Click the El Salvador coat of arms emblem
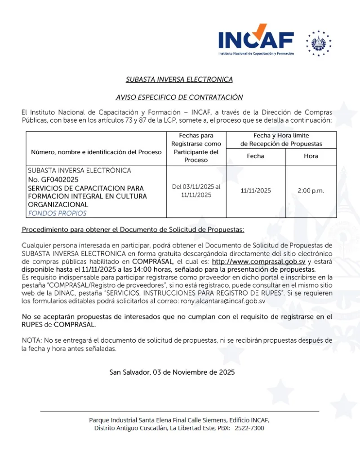click(319, 43)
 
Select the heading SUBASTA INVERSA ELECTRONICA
click(179, 80)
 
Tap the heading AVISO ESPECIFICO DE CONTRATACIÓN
click(179, 97)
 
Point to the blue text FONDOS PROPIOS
click(57, 213)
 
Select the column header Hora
click(311, 156)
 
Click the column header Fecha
click(255, 156)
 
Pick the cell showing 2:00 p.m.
click(311, 191)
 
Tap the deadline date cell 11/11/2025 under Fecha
click(256, 191)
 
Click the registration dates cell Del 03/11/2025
click(196, 190)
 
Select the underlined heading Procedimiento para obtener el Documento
click(133, 230)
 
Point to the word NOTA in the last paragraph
click(31, 341)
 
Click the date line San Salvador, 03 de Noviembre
click(172, 372)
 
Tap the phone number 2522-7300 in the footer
click(249, 429)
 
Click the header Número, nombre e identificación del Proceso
click(96, 152)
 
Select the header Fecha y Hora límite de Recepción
click(281, 140)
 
